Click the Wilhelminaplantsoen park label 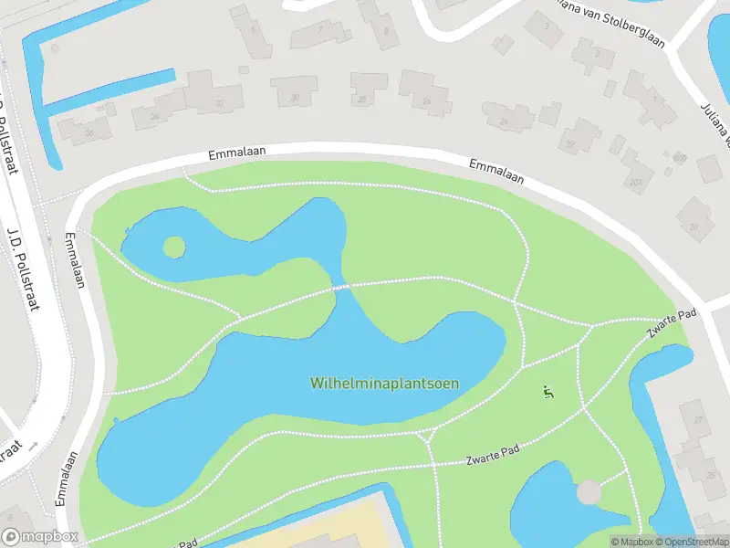(384, 383)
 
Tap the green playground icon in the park (548, 393)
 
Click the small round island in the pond (173, 247)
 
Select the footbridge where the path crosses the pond (341, 288)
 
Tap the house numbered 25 (710, 475)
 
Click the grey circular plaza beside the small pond (589, 491)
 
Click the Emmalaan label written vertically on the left (76, 260)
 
